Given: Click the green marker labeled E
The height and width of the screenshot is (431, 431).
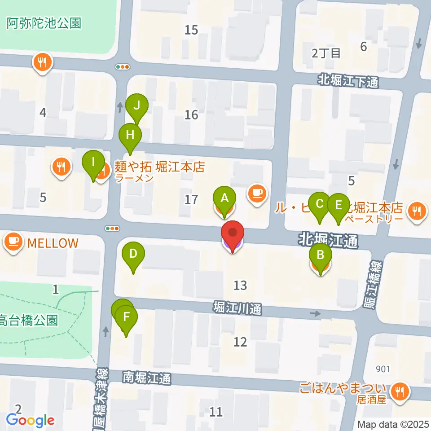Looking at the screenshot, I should click(x=338, y=205).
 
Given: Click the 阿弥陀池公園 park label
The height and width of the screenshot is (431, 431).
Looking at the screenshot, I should click(x=44, y=23).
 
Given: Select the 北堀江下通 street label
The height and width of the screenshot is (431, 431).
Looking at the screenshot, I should click(x=348, y=81).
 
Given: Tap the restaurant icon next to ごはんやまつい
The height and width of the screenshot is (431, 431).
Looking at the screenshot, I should click(x=398, y=391).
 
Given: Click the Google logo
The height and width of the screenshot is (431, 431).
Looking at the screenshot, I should click(x=31, y=420).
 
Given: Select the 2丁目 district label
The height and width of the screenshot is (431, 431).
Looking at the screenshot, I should click(x=326, y=53).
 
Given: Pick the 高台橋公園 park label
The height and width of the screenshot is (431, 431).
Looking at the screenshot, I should click(x=28, y=321).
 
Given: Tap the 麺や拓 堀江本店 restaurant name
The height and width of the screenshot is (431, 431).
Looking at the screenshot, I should click(x=160, y=168).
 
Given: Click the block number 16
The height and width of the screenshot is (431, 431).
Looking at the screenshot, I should click(x=191, y=115).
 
